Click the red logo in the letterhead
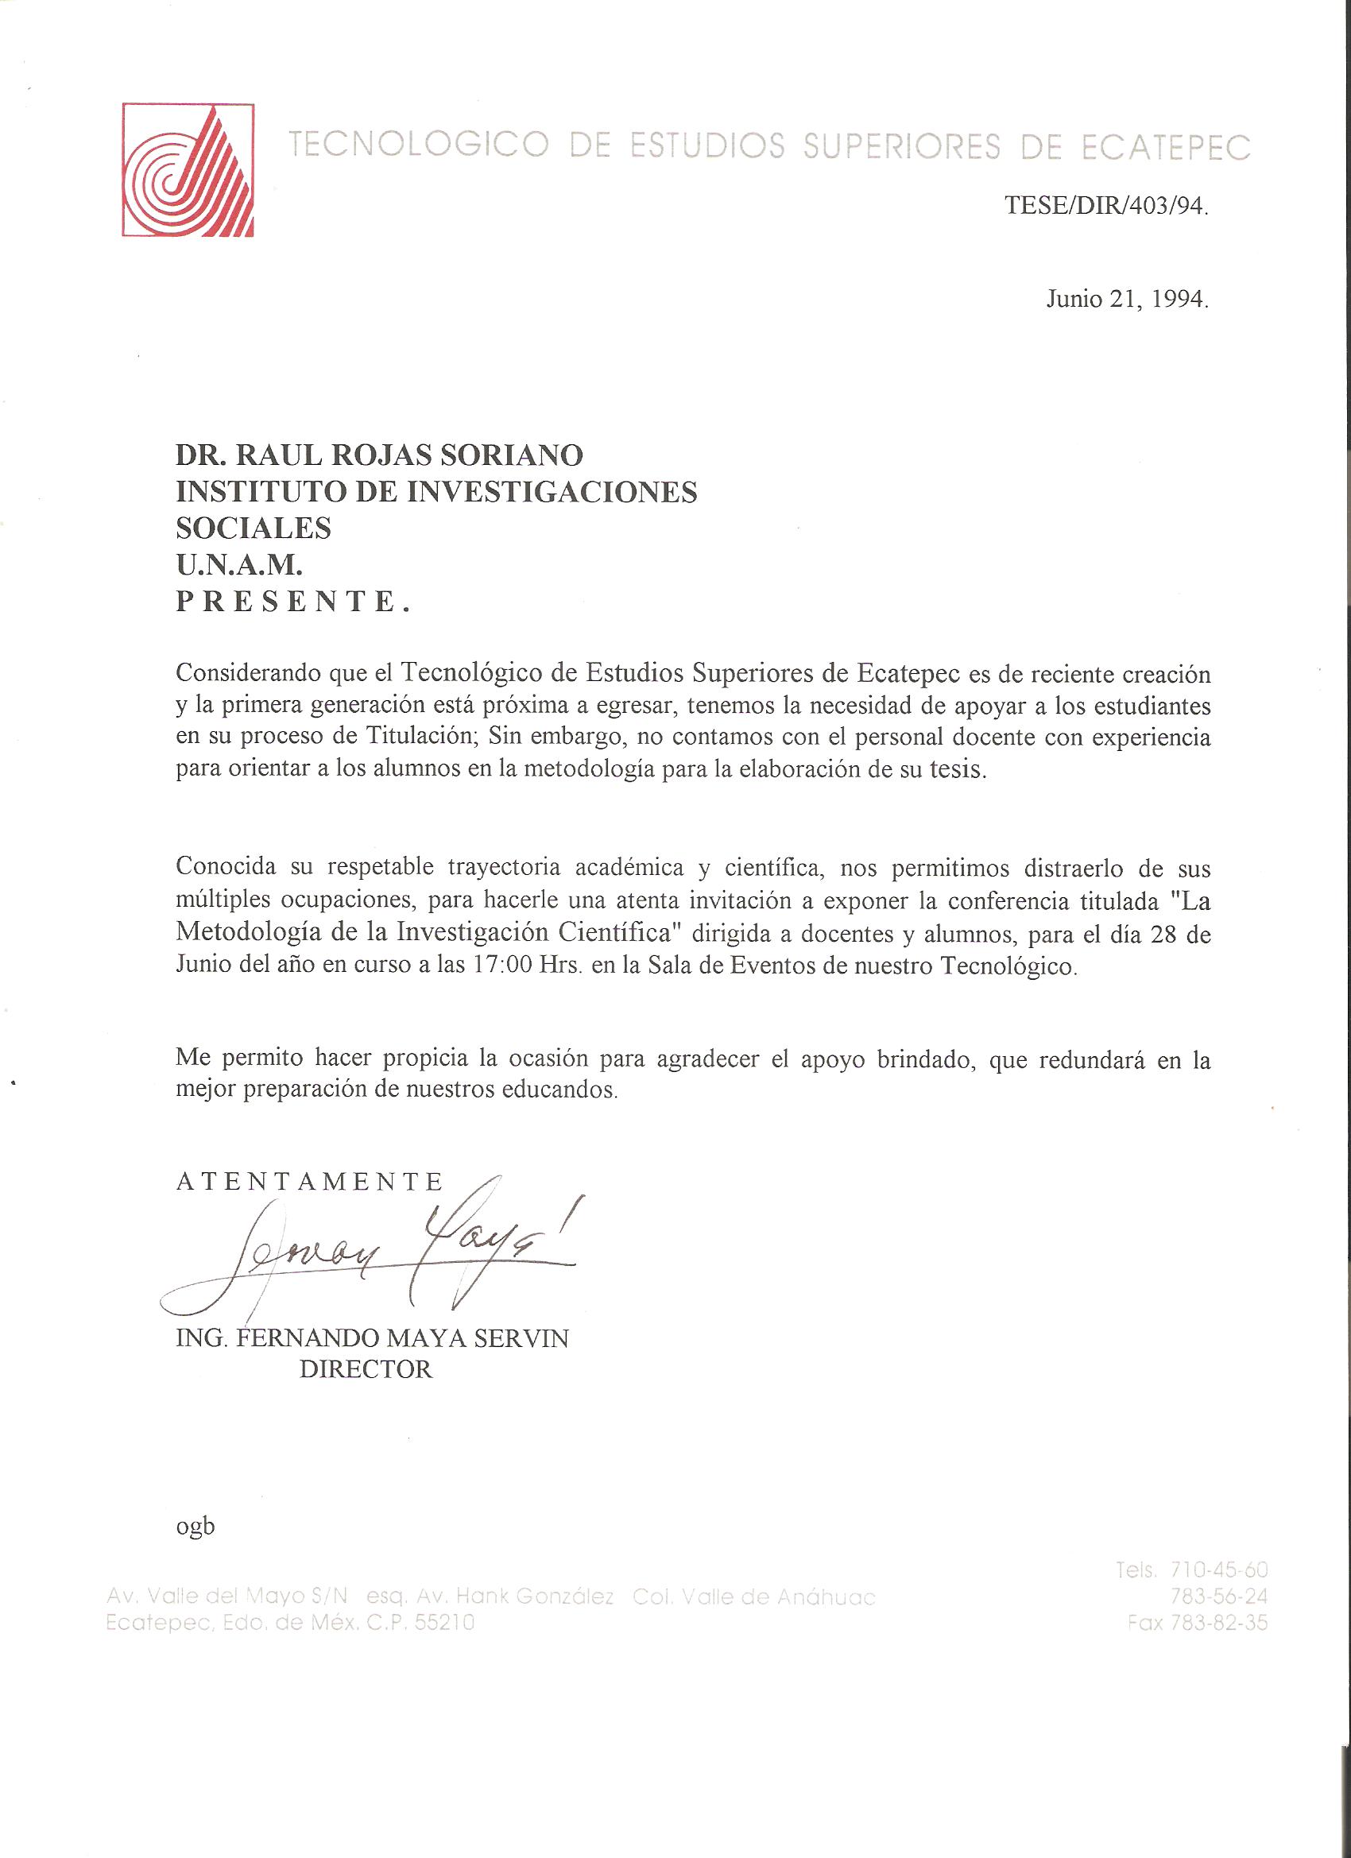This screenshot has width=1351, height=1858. (x=188, y=169)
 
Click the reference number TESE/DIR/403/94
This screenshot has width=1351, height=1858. (x=1106, y=206)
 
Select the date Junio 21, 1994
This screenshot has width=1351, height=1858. (x=1127, y=300)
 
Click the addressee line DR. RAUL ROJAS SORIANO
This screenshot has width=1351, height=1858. (x=379, y=455)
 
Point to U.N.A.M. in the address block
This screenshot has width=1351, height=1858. (x=239, y=564)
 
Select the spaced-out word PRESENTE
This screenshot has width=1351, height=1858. (x=292, y=602)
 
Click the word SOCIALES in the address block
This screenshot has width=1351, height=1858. (x=254, y=528)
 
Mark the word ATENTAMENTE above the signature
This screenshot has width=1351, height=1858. (x=310, y=1182)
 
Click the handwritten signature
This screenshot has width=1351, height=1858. (x=369, y=1249)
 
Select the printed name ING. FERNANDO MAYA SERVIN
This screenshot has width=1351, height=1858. (x=372, y=1338)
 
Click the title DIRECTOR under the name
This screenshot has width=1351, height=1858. (x=366, y=1370)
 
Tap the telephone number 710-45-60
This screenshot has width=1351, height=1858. (x=1219, y=1570)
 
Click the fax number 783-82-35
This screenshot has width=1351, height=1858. (x=1219, y=1622)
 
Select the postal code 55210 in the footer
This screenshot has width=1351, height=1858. (x=445, y=1622)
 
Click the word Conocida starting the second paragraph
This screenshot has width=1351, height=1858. (x=226, y=868)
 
